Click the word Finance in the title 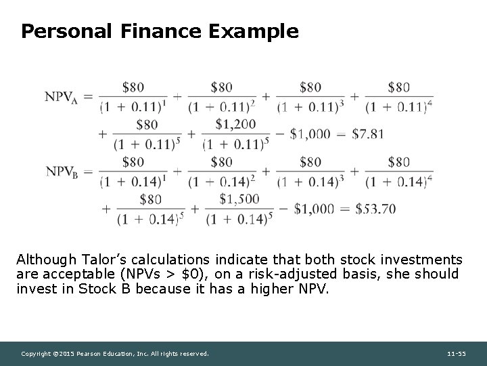pos(158,31)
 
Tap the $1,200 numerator pos(236,123)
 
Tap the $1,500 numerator pos(239,199)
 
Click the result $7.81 pos(368,134)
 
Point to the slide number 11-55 pos(458,354)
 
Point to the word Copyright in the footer pos(36,354)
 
